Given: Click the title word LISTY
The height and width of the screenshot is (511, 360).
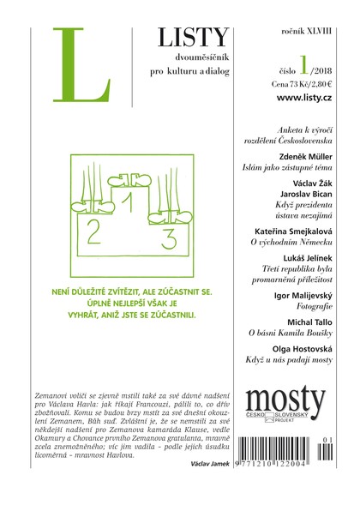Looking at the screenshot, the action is click(193, 37).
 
